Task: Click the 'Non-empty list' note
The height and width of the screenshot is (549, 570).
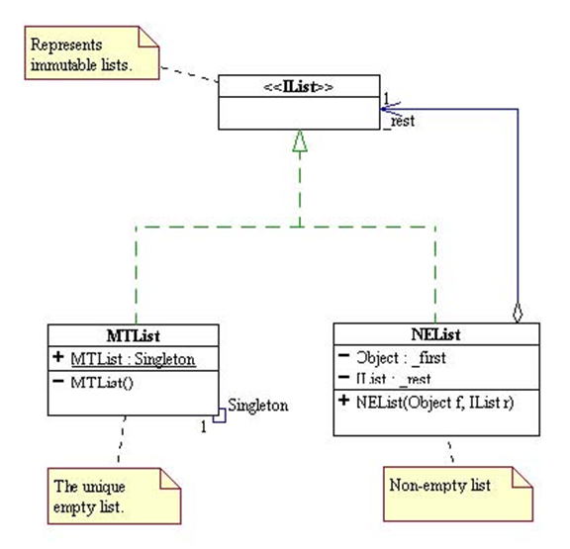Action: [441, 485]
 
